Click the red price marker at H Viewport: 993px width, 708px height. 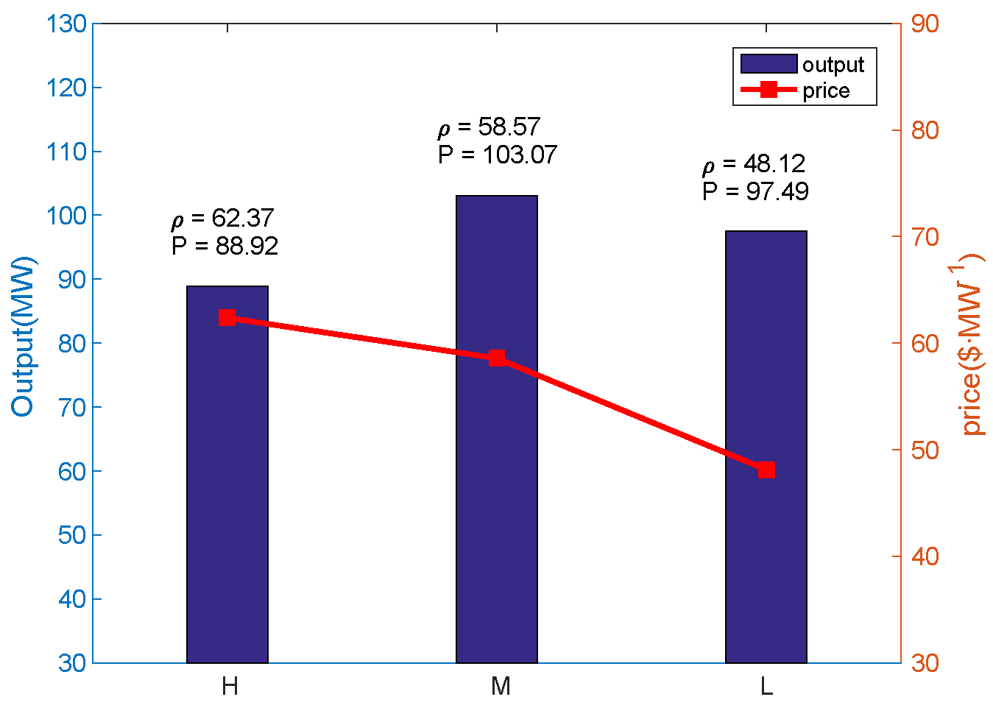[227, 318]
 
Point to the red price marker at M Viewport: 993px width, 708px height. [497, 358]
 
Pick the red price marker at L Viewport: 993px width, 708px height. [766, 470]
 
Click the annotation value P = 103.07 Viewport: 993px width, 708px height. [498, 155]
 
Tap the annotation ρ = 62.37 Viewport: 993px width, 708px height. [222, 219]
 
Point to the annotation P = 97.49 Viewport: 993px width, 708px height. [755, 191]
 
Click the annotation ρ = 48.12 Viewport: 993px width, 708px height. [754, 164]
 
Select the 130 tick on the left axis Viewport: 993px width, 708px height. [66, 24]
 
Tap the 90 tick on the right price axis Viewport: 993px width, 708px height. [925, 24]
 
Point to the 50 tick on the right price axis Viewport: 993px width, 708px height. [925, 450]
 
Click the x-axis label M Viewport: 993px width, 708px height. [501, 687]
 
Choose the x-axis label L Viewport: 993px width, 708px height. [766, 687]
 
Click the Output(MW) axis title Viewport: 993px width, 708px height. [23, 336]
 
